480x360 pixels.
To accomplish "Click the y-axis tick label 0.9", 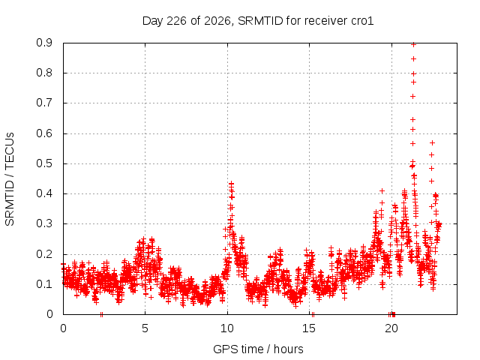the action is [44, 43].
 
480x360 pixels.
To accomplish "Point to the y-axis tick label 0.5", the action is [44, 163].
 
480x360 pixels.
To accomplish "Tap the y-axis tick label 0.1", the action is [44, 284].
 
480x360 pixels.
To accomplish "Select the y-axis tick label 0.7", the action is [44, 103].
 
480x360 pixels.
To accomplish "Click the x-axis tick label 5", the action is [145, 328].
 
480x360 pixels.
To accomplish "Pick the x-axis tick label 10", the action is [227, 328].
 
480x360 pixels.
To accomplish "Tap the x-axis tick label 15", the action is [309, 328].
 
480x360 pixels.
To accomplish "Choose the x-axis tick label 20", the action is [391, 328].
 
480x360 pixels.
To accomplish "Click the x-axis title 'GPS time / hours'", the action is [258, 349].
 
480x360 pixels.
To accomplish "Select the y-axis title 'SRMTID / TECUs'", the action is [10, 179].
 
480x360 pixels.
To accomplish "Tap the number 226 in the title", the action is [176, 21].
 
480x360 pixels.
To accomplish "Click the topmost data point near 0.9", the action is [413, 45].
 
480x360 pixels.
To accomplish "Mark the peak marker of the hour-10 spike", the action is [232, 184].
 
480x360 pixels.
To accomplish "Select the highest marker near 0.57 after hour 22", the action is [432, 143].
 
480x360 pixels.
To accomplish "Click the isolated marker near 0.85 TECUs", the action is [413, 58].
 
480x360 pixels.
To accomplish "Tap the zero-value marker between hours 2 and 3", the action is [102, 315].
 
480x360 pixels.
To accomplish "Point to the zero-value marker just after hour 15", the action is [313, 315].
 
